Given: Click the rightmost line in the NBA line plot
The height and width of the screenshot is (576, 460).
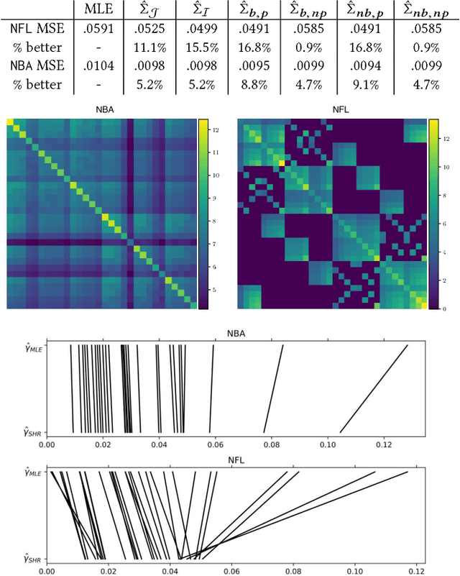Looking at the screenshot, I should tap(374, 388).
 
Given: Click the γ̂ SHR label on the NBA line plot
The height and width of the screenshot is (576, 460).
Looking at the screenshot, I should tap(29, 431).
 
